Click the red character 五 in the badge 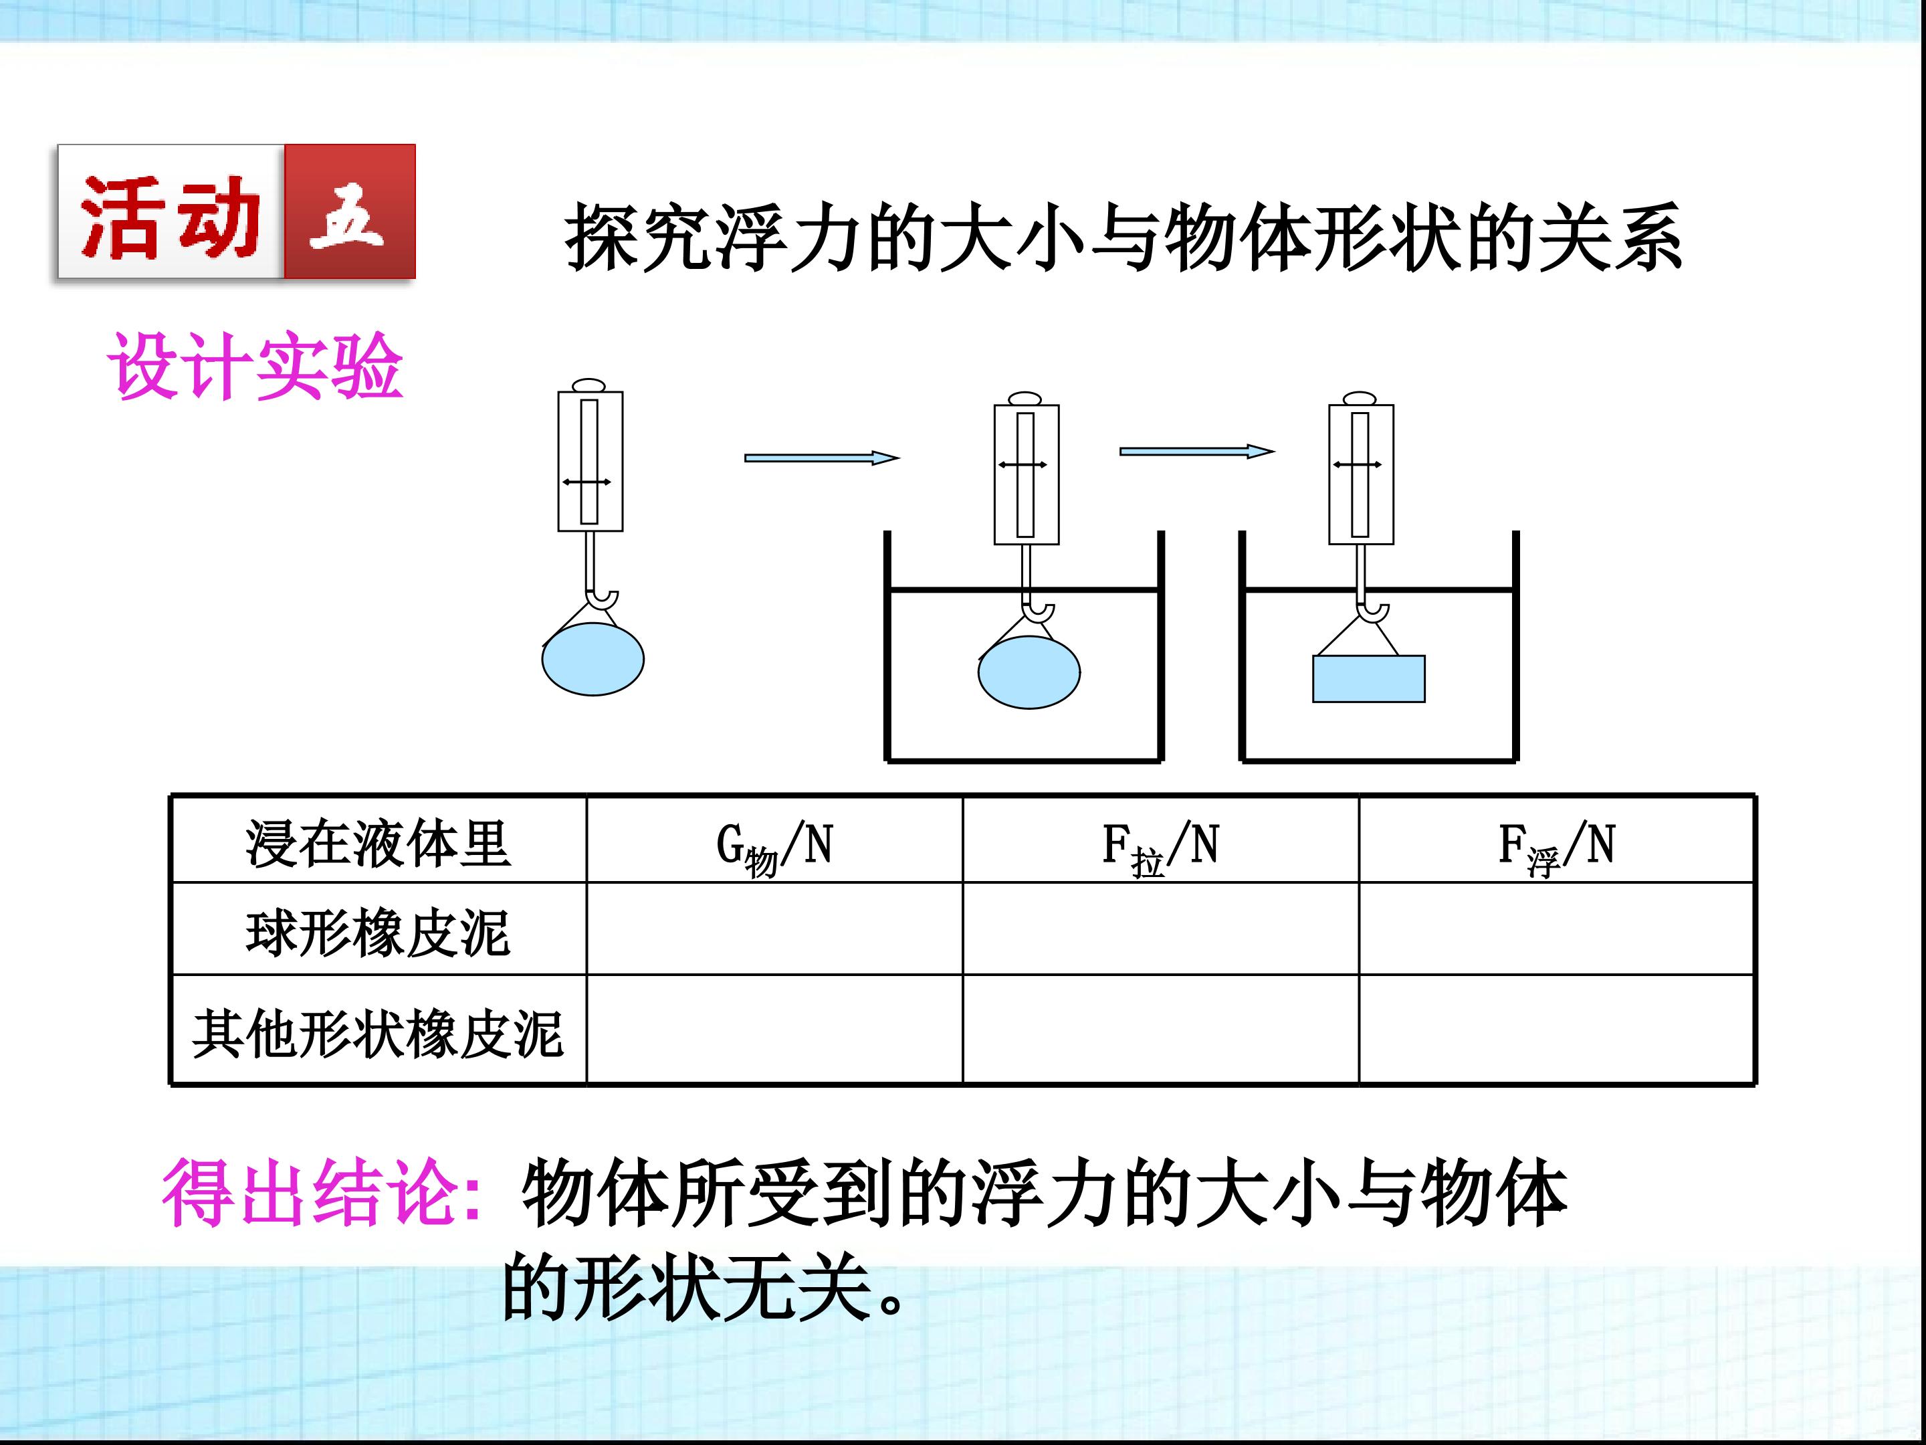tap(348, 213)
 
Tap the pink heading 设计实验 tap(254, 367)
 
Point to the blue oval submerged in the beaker tap(1029, 672)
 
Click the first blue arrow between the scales tap(820, 458)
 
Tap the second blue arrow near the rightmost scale tap(1196, 451)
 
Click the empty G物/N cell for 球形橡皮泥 tap(773, 929)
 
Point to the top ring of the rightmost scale tap(1360, 398)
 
